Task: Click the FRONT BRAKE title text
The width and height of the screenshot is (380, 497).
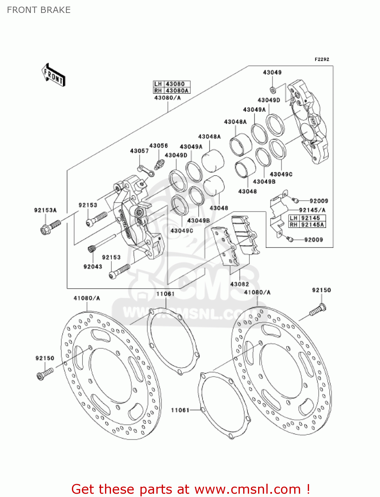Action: coord(39,10)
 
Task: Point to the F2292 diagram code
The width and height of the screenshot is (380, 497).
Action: coord(322,59)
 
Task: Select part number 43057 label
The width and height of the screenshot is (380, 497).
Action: coord(139,151)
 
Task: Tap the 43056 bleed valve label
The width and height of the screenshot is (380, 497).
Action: coord(158,146)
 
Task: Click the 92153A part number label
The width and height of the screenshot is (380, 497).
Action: coord(45,210)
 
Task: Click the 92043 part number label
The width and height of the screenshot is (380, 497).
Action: coord(93,266)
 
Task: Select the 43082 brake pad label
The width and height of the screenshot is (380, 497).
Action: coord(239,284)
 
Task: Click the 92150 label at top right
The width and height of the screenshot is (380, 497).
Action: coord(321,290)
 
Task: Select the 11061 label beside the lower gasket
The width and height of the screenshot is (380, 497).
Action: coord(180,410)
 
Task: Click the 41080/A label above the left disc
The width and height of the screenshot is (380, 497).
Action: coord(87,298)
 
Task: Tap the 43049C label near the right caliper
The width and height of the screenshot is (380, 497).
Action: coord(281,174)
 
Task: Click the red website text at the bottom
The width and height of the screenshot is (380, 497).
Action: coord(190,489)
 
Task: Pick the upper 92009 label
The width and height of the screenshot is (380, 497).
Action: coord(319,201)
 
